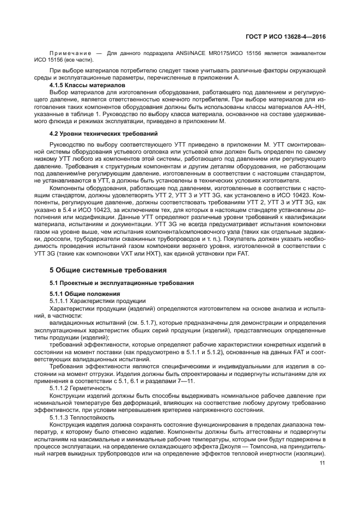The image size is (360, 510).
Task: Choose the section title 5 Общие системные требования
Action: pos(105,271)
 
